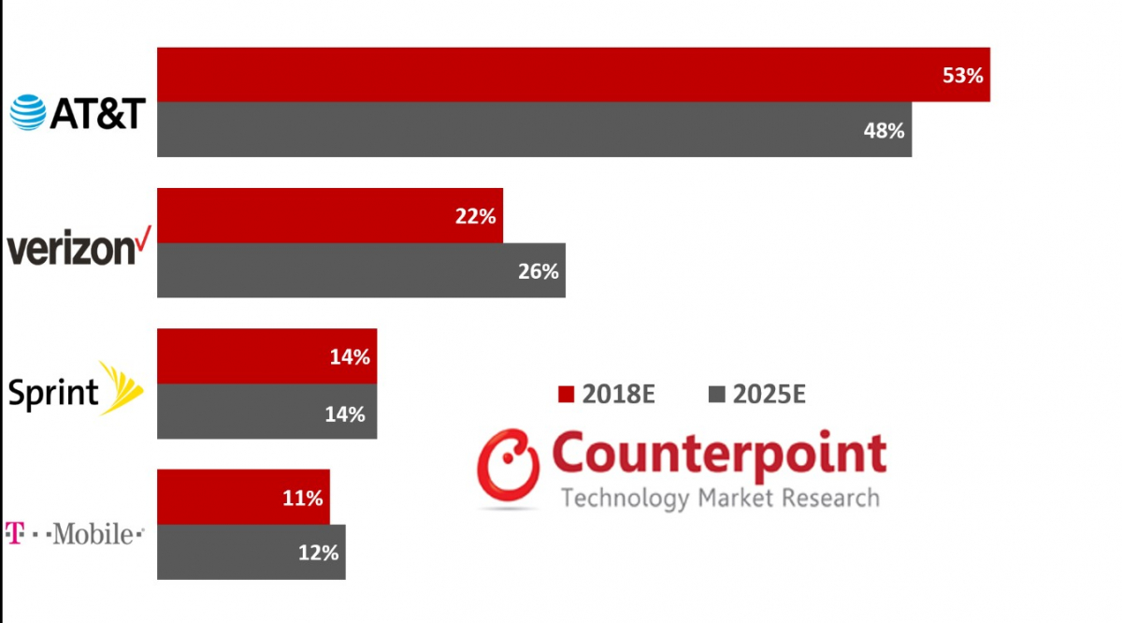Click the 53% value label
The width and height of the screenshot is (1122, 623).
coord(962,76)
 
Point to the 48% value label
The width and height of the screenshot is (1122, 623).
coord(884,131)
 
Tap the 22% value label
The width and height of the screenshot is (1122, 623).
coord(475,217)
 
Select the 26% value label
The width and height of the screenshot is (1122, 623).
coord(538,272)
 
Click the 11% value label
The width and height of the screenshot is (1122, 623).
coord(302,499)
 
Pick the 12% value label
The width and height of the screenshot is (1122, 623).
coord(318,553)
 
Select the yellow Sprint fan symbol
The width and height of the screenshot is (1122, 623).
coord(122,388)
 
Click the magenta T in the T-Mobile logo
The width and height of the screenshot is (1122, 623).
coord(14,534)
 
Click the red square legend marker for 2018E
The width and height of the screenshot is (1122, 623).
coord(565,394)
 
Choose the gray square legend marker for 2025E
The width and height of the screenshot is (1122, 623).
coord(717,394)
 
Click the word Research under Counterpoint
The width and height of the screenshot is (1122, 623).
coord(831,497)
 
